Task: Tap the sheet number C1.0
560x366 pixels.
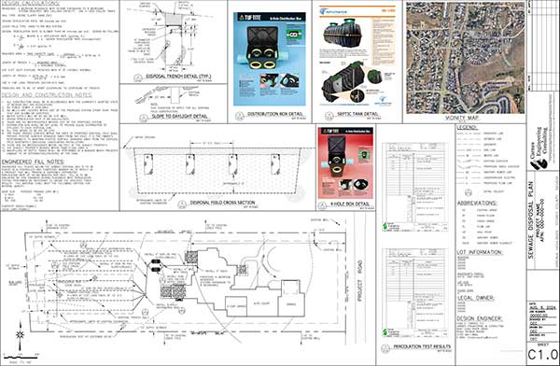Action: [x=543, y=354]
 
